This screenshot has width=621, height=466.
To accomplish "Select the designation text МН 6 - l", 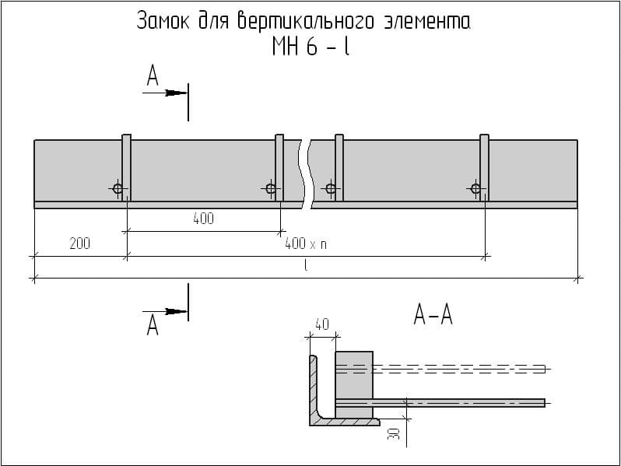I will click(x=310, y=47).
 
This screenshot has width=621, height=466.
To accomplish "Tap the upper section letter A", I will click(x=153, y=75).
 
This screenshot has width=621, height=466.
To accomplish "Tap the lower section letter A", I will click(x=153, y=326).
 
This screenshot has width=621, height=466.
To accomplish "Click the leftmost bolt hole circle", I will click(x=118, y=188).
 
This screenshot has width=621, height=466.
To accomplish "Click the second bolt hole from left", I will click(x=270, y=188).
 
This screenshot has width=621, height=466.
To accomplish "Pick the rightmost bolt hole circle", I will click(x=475, y=188).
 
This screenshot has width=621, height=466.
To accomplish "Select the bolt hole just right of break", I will click(x=331, y=188).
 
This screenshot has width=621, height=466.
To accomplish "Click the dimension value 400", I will click(x=203, y=219).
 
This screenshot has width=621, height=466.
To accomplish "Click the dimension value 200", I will click(x=79, y=244).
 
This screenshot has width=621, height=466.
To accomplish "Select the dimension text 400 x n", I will click(x=306, y=244).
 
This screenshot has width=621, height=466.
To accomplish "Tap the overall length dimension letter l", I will click(x=306, y=266).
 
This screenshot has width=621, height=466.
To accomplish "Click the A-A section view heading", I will click(x=433, y=316).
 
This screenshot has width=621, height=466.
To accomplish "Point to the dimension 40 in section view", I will click(x=321, y=324).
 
